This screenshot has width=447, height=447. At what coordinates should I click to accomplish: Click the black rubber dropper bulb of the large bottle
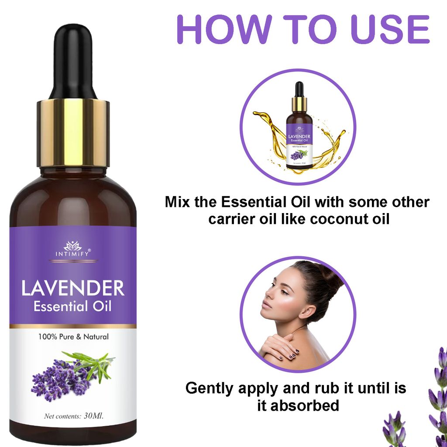[x=73, y=61]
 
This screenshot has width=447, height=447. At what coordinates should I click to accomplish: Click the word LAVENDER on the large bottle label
[x=73, y=289]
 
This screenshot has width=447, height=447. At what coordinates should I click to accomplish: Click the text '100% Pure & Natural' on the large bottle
[x=73, y=337]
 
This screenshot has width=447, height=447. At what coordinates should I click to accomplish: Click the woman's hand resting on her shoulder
[x=279, y=347]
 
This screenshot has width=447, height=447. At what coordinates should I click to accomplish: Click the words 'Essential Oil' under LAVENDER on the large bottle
[x=73, y=306]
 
